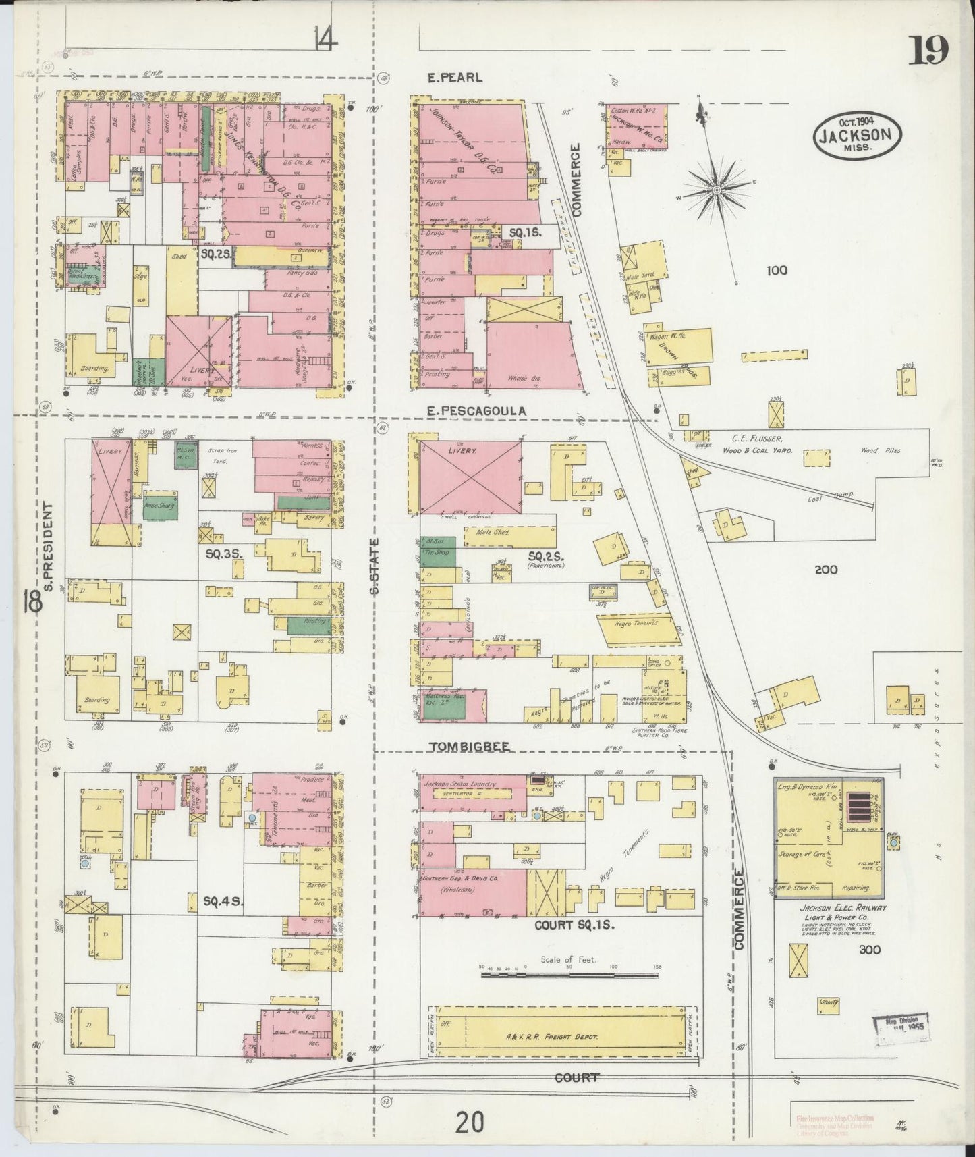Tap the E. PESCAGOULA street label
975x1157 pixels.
point(476,410)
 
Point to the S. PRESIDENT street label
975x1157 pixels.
point(47,545)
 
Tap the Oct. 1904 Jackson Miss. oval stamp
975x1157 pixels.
point(858,134)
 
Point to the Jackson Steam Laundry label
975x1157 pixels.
point(459,784)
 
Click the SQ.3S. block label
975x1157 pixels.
point(223,554)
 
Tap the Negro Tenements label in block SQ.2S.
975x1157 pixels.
point(636,624)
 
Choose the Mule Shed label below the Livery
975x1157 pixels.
point(492,533)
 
